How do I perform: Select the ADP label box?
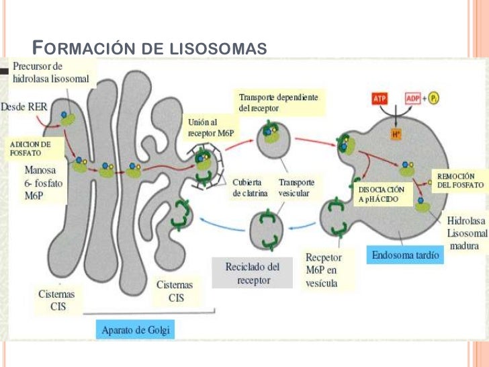coord(413,99)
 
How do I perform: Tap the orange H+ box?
coord(396,134)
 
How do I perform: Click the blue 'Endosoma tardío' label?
coord(406,255)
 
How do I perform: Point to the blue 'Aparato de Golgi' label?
coord(136,329)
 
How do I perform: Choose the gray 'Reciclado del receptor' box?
coord(253,274)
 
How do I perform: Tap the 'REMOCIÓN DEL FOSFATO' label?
coord(460,179)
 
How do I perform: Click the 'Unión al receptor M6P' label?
coord(211,128)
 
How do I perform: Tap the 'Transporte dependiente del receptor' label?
coord(278,102)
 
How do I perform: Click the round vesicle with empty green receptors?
coord(269,229)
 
